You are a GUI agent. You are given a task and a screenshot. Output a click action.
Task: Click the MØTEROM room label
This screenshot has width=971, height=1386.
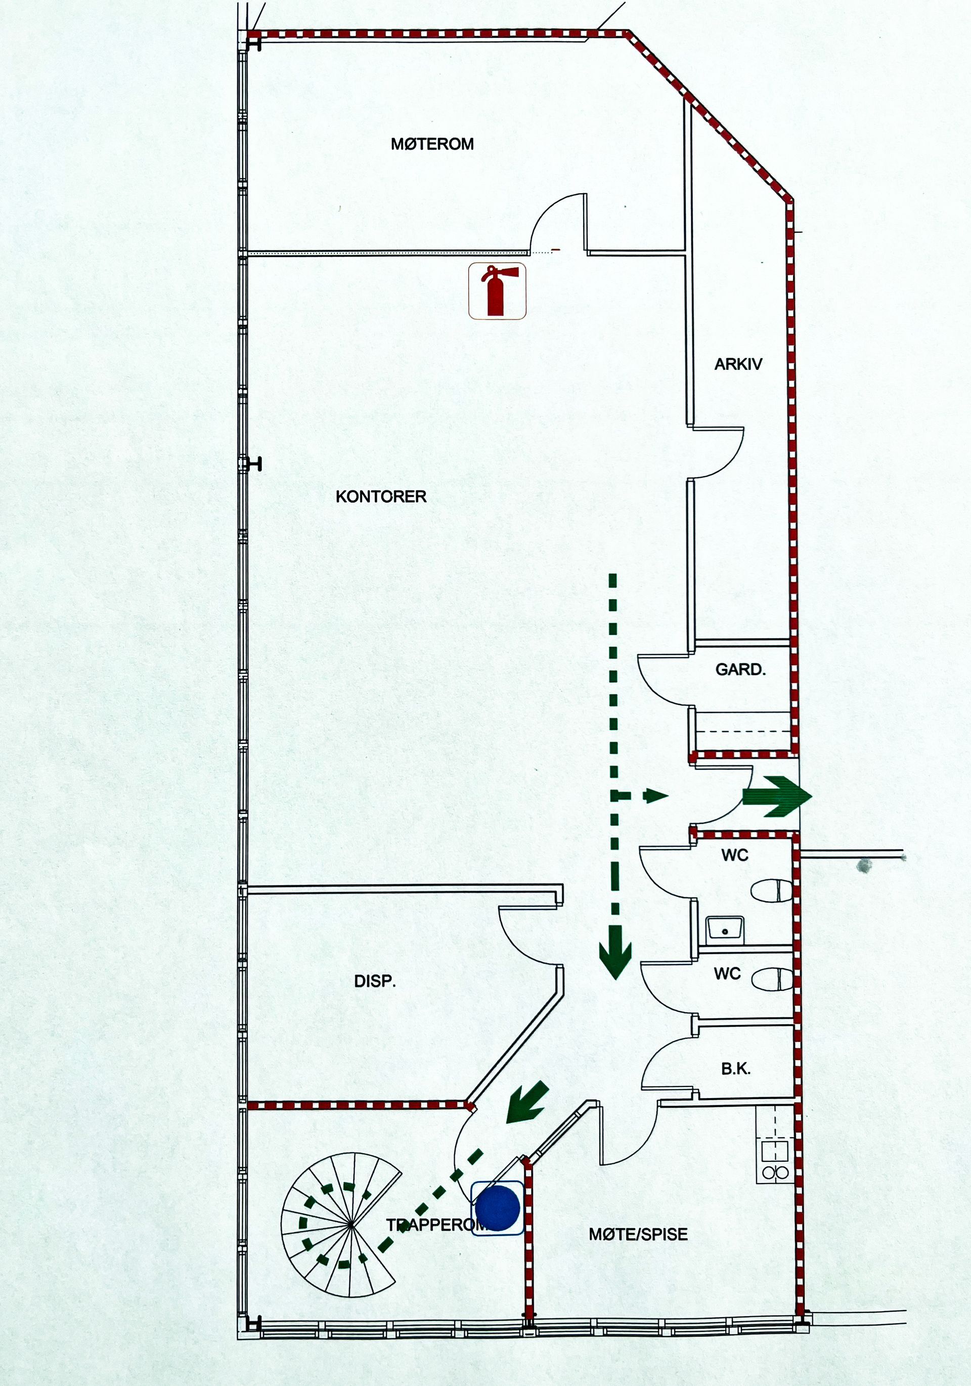(432, 144)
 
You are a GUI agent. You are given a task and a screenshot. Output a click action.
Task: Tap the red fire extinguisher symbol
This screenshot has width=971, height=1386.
(497, 290)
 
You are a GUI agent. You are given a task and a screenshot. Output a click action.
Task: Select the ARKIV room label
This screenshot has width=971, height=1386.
(738, 364)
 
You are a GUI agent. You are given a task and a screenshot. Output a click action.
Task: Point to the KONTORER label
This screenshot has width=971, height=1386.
(381, 496)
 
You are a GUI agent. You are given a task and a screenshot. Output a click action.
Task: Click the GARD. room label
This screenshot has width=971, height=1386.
(740, 669)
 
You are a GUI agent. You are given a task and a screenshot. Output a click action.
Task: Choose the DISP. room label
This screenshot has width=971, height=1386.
(375, 982)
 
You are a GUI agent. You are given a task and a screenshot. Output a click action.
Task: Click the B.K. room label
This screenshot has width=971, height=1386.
(736, 1069)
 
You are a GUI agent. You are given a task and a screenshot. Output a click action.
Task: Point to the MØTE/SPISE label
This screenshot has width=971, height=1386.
(638, 1235)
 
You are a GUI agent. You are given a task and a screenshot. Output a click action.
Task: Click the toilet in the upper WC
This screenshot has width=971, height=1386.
(771, 891)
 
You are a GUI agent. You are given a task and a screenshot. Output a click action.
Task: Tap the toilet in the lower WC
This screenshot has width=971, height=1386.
(772, 979)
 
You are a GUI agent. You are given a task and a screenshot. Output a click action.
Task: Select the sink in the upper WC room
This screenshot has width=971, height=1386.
(725, 928)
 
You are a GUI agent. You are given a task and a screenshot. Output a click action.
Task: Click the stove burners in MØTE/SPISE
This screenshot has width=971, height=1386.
(775, 1173)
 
